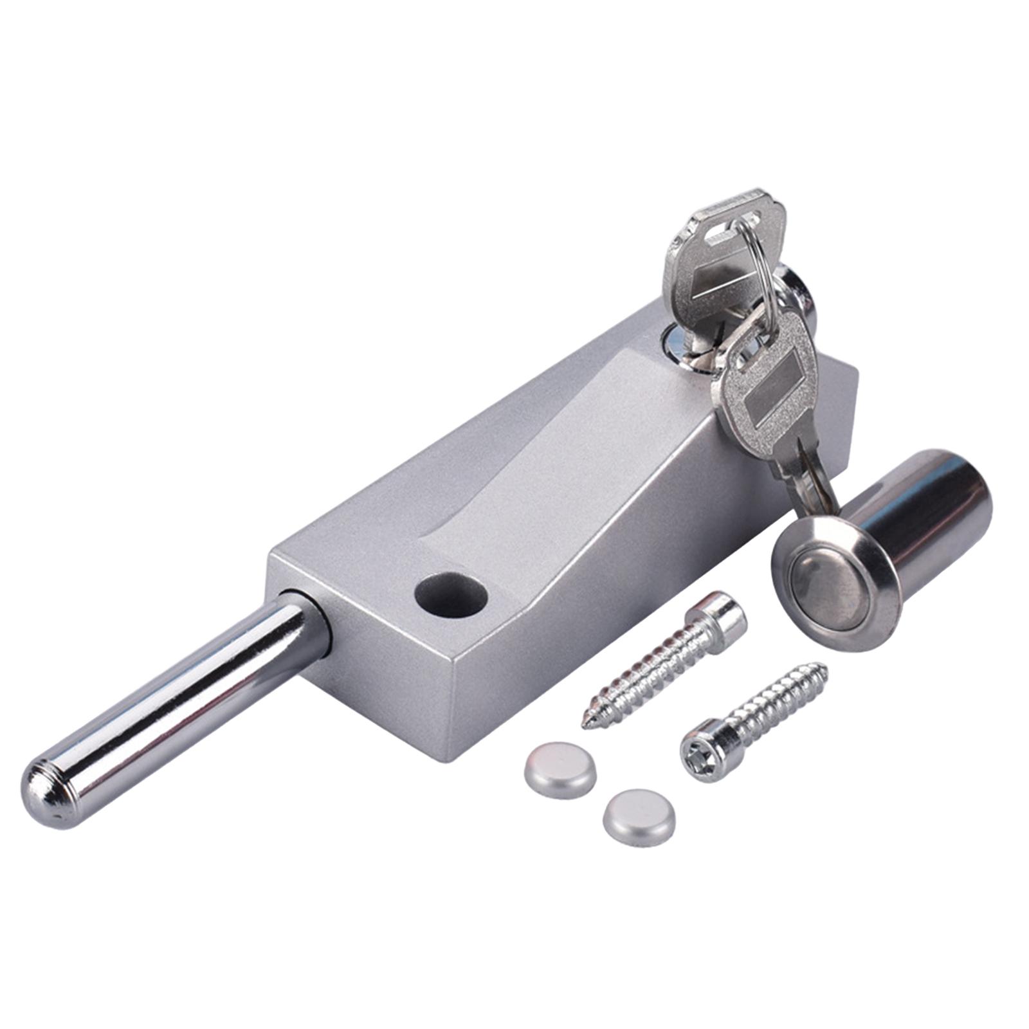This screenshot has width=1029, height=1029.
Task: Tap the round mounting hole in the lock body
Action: pos(450,592)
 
